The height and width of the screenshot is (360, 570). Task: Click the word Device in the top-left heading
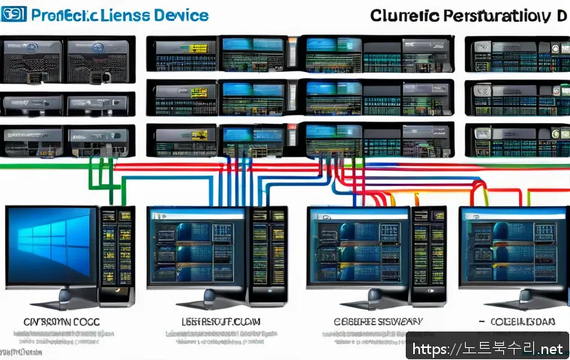click(178, 15)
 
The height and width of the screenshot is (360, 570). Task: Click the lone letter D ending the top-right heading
click(561, 15)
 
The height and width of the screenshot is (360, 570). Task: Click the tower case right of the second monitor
click(266, 255)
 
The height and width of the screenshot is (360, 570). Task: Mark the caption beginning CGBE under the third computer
click(377, 322)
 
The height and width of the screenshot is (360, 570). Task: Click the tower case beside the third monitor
click(429, 255)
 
